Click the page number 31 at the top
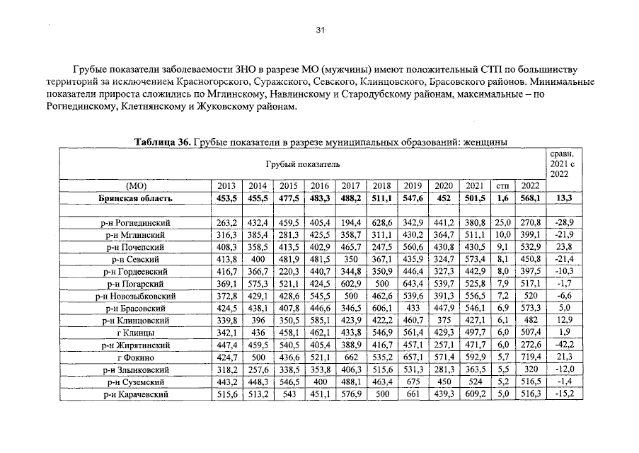pos(319,30)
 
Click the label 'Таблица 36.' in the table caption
pos(162,142)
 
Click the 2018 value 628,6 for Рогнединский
pos(381,223)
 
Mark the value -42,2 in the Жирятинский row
pos(564,345)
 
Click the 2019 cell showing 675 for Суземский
pos(413,382)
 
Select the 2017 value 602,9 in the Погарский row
pos(351,284)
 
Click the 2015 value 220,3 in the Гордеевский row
pos(289,272)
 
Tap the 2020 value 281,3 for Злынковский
pos(444,369)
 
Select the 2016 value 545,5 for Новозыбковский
pos(320,296)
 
